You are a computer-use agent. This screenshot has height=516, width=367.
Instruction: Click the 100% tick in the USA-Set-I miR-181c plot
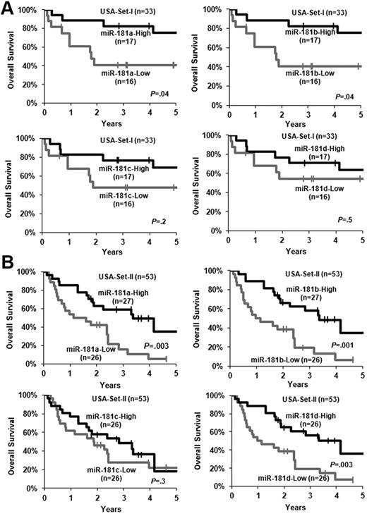coord(24,136)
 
